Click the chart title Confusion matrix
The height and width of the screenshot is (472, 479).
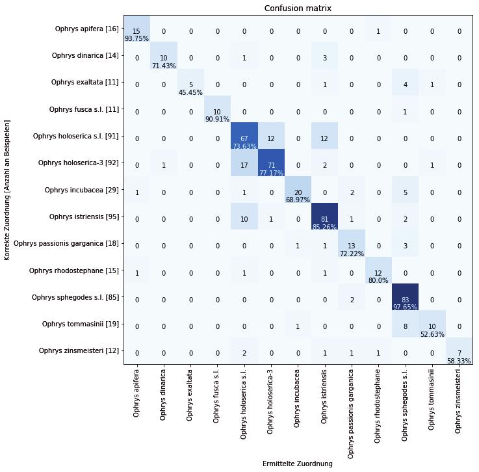(x=298, y=8)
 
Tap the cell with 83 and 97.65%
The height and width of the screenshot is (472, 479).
(x=405, y=300)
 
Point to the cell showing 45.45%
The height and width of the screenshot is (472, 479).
(x=190, y=85)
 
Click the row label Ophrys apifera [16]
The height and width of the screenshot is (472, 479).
(x=86, y=29)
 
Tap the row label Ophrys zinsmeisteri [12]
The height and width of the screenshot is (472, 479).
(x=79, y=351)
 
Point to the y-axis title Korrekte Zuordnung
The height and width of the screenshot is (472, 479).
(x=7, y=190)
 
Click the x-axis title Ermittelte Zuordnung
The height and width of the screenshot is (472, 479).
(x=297, y=464)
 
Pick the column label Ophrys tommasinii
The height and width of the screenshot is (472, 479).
(x=432, y=397)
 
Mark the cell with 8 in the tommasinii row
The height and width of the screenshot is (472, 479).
(x=405, y=327)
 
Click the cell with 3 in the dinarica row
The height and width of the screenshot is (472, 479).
(x=324, y=59)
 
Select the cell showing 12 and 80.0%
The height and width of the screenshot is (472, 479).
(x=378, y=273)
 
